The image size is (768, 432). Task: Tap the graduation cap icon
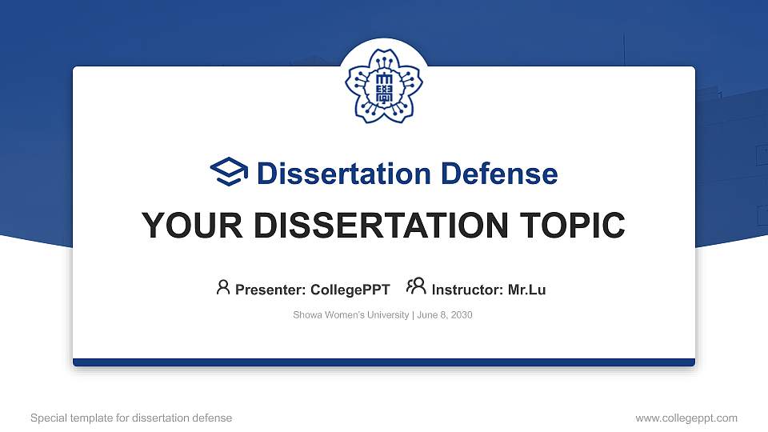[x=230, y=173]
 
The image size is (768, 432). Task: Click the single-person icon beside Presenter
[x=223, y=287]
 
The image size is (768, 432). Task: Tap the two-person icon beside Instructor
[x=416, y=287]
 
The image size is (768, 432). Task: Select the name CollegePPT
[x=350, y=290]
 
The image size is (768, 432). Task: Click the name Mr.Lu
[x=526, y=290]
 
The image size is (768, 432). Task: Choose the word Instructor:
[x=467, y=290]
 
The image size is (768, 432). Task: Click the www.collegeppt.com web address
[x=686, y=418]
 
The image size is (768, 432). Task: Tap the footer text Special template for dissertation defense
[x=131, y=418]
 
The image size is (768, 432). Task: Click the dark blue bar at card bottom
[x=383, y=362]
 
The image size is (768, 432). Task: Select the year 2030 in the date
[x=462, y=315]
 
